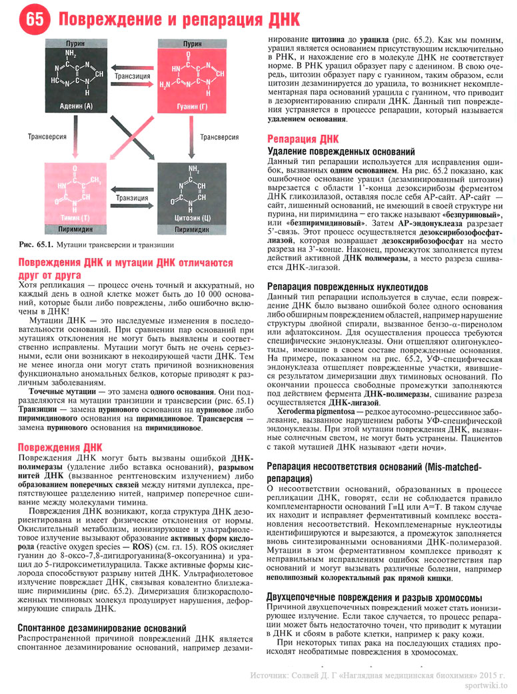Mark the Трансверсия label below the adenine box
tap(47, 136)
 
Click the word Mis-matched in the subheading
tap(442, 467)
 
